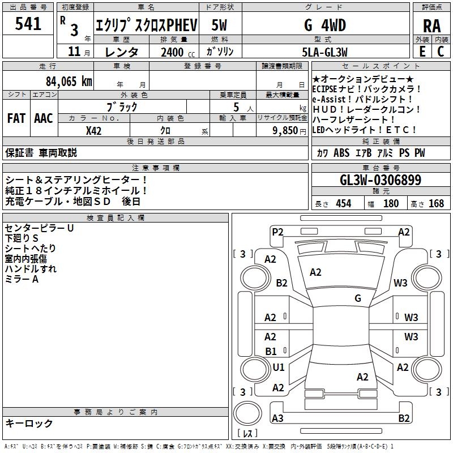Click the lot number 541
28,24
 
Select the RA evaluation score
431,26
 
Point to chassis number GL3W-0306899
381,181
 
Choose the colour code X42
94,130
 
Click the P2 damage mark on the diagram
277,232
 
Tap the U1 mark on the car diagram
279,367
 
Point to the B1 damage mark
271,351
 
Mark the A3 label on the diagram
277,418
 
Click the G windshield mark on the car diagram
358,298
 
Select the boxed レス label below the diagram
247,434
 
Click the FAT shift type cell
16,118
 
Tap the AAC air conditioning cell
44,118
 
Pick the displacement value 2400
172,52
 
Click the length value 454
343,203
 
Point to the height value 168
436,203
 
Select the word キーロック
29,423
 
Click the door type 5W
220,25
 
